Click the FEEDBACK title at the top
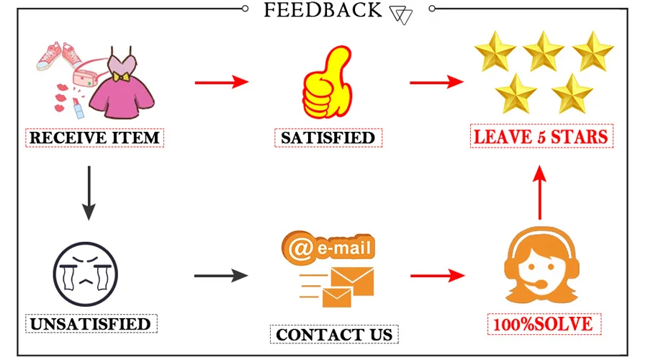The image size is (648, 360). point(323,10)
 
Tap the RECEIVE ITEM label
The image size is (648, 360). point(95,137)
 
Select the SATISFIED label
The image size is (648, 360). point(328,137)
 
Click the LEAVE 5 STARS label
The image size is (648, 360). point(541,136)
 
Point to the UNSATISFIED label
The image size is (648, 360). point(91,323)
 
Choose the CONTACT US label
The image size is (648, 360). point(334,334)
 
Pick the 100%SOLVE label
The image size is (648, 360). point(543,324)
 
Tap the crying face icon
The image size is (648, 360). point(85,274)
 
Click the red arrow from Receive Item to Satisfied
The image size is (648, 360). point(221,83)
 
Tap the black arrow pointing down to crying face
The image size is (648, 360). point(89,192)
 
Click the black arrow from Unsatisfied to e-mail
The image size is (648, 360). point(221,275)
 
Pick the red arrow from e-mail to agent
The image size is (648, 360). point(436,275)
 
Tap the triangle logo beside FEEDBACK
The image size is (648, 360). point(400,14)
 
